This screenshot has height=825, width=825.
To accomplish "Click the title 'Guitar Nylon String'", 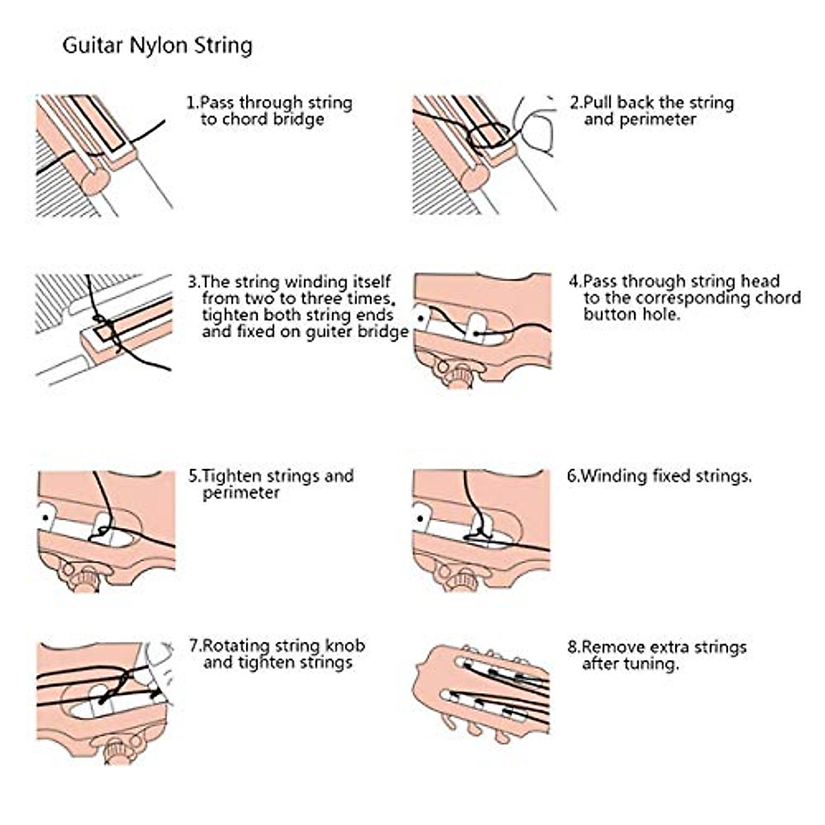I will (x=157, y=46).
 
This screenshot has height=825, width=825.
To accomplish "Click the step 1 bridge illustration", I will (x=103, y=155).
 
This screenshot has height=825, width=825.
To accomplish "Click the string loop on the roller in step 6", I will (x=477, y=535).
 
